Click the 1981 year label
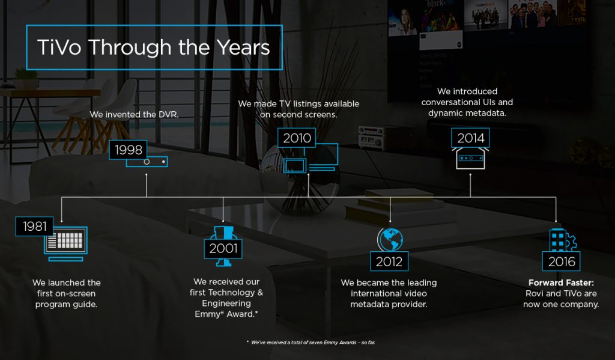[34, 226]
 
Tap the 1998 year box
[129, 150]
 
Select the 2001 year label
[223, 248]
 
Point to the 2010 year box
[297, 138]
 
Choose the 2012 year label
[389, 261]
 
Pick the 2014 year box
[470, 138]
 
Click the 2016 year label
[562, 261]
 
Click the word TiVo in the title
[59, 47]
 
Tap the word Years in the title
[244, 47]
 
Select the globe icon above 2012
[390, 239]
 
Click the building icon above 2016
[563, 240]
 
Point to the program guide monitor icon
[66, 243]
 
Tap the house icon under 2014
[470, 158]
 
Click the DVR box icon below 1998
[147, 162]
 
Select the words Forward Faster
[562, 282]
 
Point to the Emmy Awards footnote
[311, 343]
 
